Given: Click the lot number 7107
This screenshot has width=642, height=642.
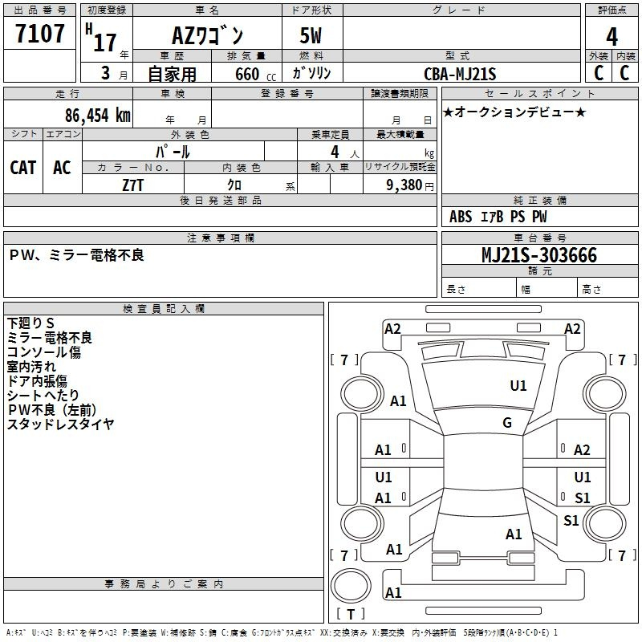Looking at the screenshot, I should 39,35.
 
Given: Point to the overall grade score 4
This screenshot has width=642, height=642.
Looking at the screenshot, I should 612,37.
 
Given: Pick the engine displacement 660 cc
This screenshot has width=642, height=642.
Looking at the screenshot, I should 245,74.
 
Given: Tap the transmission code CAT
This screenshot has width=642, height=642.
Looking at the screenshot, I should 22,167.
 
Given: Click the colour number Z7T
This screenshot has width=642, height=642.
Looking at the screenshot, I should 133,185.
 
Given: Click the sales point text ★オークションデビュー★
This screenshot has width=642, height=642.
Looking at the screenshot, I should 514,112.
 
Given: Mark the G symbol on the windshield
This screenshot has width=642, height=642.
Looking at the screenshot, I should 507,423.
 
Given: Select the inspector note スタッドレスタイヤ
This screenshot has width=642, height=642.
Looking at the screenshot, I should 60,425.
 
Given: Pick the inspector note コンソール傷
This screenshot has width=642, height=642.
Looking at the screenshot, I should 43,352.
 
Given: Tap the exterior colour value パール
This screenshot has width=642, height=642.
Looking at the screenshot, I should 173,151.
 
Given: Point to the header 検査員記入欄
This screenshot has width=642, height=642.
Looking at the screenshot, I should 164,308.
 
